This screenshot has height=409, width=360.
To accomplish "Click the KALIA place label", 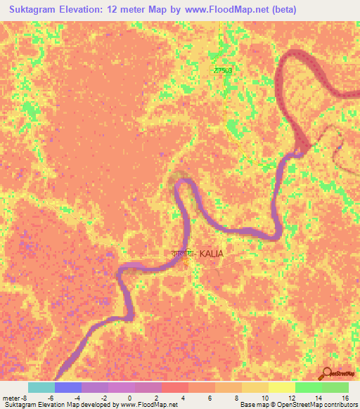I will [213, 253].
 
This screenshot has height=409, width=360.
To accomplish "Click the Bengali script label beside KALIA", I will [184, 253].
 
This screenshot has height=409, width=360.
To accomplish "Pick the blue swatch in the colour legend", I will [68, 387].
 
